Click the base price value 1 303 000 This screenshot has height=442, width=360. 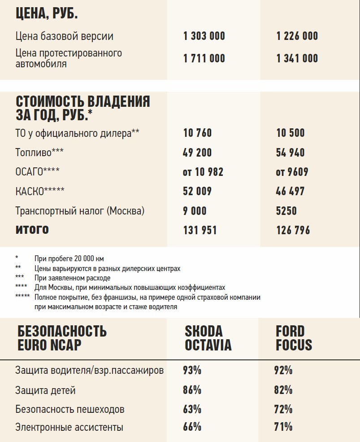204,36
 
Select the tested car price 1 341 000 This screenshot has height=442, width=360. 297,58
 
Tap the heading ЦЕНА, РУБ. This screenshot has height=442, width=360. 47,13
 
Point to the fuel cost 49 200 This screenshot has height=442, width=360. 197,153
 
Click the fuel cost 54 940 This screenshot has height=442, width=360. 290,153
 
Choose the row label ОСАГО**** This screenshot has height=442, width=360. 37,172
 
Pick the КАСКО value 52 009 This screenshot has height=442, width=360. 197,191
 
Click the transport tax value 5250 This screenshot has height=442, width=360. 286,210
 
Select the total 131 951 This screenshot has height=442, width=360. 200,230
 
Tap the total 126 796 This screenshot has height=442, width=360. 293,230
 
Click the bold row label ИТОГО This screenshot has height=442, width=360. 32,230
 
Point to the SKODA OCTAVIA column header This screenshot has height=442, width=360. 208,338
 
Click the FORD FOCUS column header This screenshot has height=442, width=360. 294,338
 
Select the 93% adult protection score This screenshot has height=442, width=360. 192,371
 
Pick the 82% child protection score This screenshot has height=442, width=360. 283,390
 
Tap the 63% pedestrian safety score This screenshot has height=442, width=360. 192,409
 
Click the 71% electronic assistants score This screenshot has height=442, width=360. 283,427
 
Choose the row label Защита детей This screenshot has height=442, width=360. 45,390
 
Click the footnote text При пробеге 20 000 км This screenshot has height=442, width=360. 69,258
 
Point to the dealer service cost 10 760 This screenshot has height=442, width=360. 197,133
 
